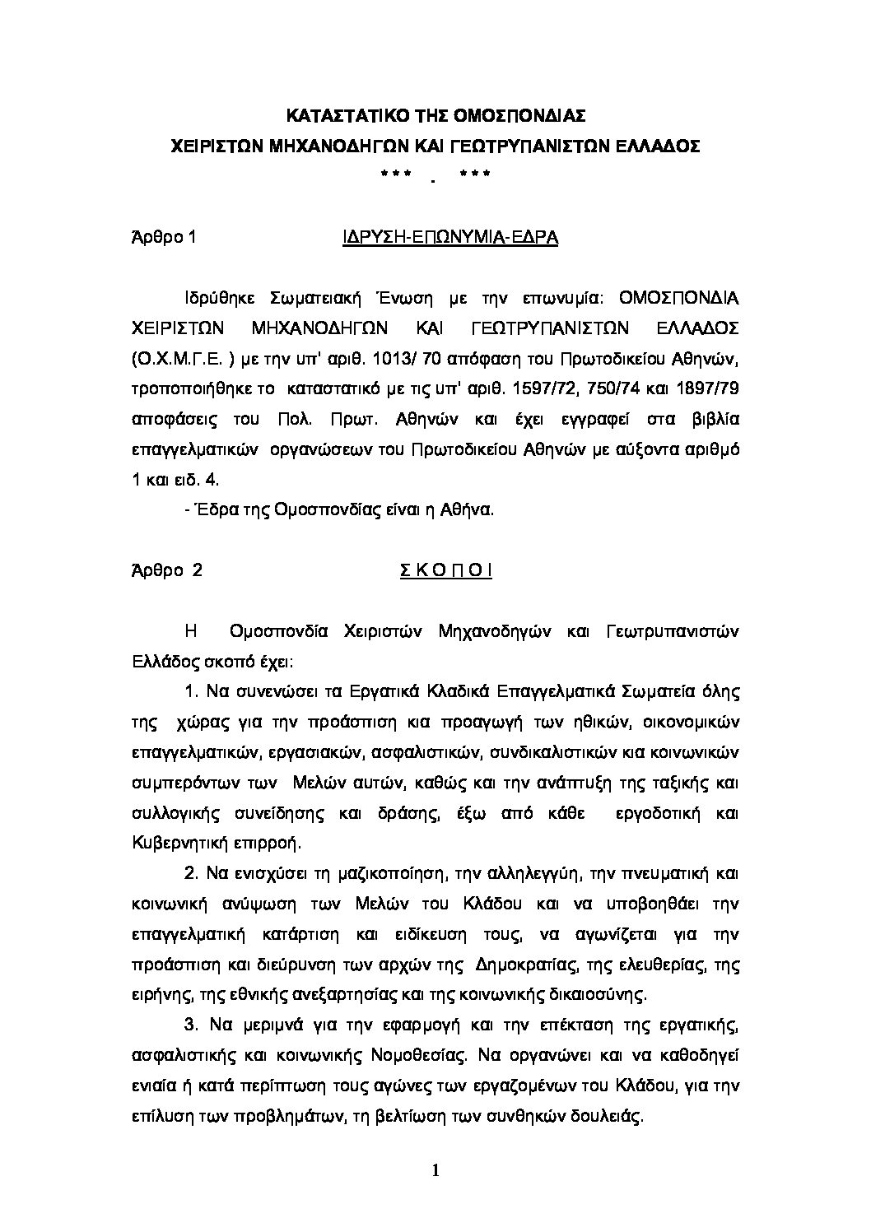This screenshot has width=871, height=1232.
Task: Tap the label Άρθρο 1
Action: (164, 238)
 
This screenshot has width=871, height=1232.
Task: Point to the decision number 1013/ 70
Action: (401, 359)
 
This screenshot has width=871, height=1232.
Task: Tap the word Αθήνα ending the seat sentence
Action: (469, 509)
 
